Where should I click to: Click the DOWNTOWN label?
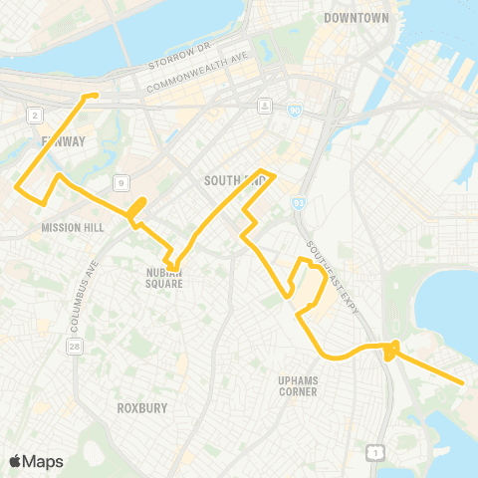[x=356, y=18]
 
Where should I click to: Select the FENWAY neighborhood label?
[x=64, y=141]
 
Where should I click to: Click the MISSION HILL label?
[x=67, y=227]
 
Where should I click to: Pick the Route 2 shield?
[x=35, y=117]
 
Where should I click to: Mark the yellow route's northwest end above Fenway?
[x=95, y=96]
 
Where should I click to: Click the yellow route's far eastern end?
[x=464, y=381]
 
